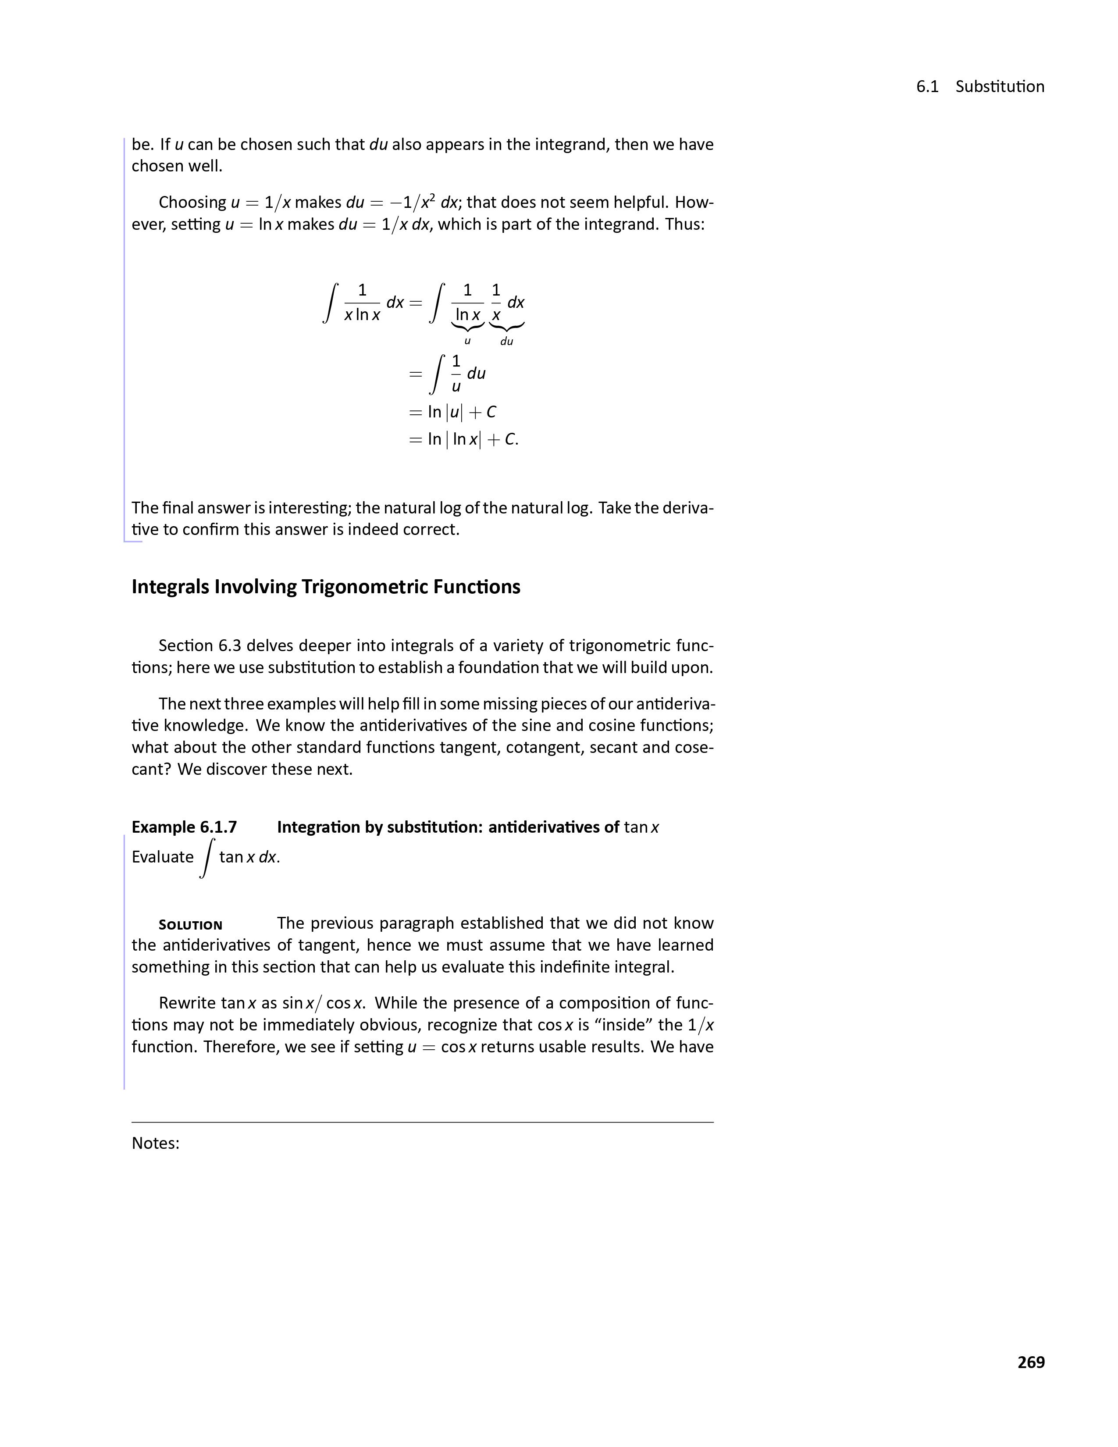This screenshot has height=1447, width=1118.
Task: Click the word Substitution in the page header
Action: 1000,87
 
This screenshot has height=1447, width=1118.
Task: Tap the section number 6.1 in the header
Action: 927,87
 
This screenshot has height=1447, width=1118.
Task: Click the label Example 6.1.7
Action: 184,827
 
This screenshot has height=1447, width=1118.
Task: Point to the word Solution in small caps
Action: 190,925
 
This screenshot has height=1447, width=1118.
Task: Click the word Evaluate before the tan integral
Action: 162,857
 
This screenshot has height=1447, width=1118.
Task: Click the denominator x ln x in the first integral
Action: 362,315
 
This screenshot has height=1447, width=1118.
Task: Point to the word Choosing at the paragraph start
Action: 192,202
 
